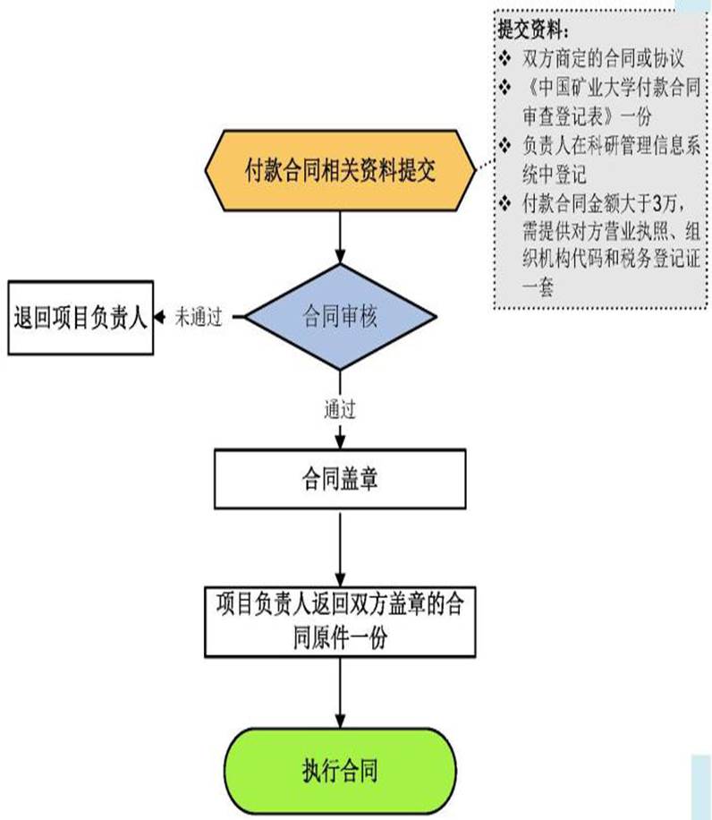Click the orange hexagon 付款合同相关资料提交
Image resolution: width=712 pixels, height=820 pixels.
(341, 169)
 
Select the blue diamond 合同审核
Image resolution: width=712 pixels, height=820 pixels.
(341, 316)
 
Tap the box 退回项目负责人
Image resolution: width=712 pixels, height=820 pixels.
(80, 318)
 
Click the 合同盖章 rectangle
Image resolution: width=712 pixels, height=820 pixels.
(340, 479)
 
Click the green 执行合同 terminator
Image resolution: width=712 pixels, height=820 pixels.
(340, 770)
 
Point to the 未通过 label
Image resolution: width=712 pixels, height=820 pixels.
(198, 318)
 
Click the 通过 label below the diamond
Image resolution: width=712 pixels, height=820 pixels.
(341, 411)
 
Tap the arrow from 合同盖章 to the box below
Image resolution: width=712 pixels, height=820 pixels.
(341, 546)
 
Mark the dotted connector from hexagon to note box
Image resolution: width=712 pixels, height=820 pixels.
(483, 165)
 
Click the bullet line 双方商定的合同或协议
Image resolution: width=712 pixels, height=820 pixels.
(604, 60)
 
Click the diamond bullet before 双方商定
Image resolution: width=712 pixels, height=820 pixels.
(506, 60)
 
